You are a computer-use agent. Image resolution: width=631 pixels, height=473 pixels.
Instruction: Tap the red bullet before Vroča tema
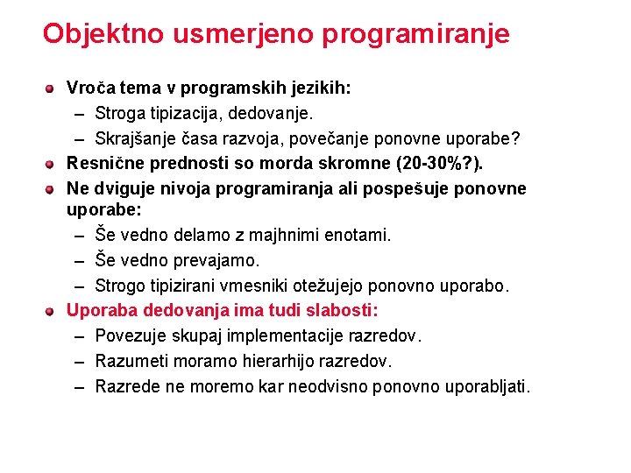52,88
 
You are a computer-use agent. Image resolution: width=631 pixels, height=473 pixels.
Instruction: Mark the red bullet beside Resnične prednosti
52,164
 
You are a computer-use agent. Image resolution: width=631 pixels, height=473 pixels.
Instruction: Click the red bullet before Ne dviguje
52,189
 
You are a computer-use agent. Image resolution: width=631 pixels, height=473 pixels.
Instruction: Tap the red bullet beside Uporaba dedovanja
52,311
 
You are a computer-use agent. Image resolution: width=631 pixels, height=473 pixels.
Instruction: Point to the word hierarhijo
279,361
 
